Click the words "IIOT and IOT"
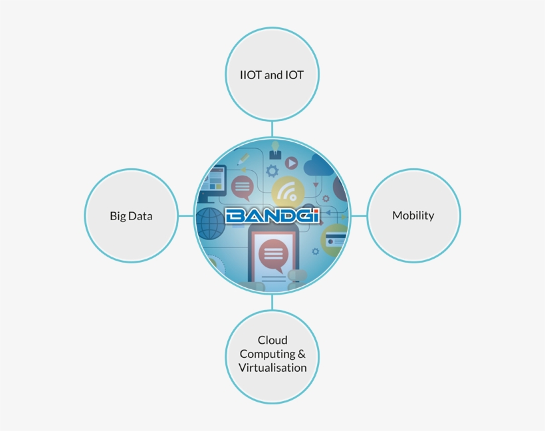(272, 75)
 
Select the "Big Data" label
(131, 216)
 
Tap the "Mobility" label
(413, 215)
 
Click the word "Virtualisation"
(272, 367)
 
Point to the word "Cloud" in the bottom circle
(272, 341)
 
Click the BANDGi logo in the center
(272, 215)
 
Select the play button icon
(291, 162)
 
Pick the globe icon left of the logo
(211, 223)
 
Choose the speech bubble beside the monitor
(241, 187)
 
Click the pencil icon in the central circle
(243, 159)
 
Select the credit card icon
(334, 239)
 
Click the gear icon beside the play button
(271, 171)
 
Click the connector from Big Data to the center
(186, 215)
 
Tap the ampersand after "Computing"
(302, 354)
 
